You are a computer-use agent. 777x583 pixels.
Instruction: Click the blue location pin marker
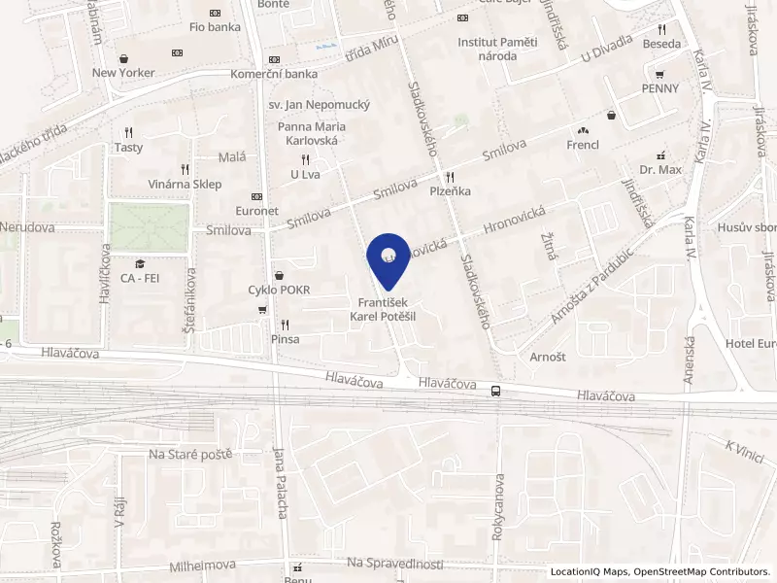click(x=388, y=258)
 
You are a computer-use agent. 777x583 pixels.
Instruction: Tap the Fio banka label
click(x=215, y=27)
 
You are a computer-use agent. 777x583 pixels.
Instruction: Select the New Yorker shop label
click(x=123, y=72)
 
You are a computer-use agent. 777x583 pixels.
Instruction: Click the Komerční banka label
click(x=274, y=74)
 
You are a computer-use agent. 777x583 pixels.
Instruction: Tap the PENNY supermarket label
click(x=659, y=87)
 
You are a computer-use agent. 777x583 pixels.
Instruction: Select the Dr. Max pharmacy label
click(x=660, y=169)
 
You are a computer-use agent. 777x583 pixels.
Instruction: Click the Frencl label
click(x=583, y=145)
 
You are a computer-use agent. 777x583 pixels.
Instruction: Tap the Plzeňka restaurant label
click(x=450, y=191)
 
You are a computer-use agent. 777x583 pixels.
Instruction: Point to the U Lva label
click(x=305, y=174)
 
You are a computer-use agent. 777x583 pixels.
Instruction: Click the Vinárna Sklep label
click(x=184, y=184)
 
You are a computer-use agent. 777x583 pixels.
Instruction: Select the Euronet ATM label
click(x=256, y=210)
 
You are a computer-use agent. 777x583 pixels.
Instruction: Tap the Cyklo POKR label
click(x=279, y=290)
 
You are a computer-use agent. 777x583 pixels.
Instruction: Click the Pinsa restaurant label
click(x=285, y=339)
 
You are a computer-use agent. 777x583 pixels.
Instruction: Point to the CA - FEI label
click(x=140, y=278)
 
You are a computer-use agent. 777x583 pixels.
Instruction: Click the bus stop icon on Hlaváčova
click(x=496, y=391)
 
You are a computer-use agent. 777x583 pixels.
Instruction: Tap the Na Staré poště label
click(x=189, y=454)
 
